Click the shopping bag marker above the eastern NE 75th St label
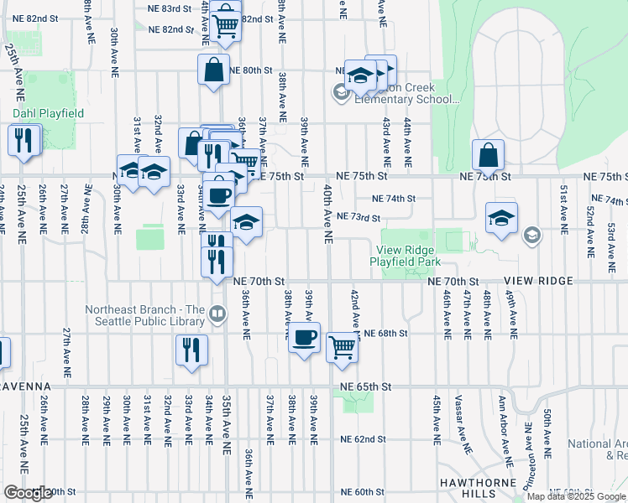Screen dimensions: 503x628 click(488, 155)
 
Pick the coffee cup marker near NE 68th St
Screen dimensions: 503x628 click(304, 338)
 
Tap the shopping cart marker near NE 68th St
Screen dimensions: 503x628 click(342, 345)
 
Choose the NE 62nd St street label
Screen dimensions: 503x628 click(363, 438)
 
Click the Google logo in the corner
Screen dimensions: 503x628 click(28, 493)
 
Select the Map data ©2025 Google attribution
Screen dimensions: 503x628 click(577, 496)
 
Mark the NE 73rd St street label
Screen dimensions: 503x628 click(364, 216)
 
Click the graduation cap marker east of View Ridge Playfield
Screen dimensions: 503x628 click(500, 220)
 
